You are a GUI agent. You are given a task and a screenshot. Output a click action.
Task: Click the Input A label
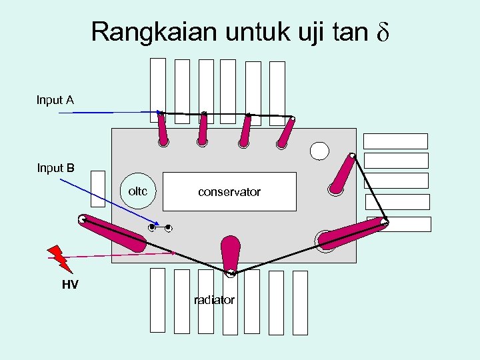click(55, 100)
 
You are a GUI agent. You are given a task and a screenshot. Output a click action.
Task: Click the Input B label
click(55, 168)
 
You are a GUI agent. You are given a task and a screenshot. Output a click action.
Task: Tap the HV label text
click(70, 285)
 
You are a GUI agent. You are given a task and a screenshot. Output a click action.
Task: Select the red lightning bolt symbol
click(60, 257)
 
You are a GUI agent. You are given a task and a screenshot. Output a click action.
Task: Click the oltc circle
click(138, 191)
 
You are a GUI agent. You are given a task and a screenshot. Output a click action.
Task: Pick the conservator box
click(229, 192)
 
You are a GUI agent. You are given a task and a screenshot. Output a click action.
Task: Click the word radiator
click(214, 300)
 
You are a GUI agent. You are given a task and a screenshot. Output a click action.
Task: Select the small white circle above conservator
click(319, 151)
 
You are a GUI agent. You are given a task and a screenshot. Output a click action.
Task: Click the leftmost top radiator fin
click(158, 83)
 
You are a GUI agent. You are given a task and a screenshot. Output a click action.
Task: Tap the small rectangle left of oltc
click(98, 189)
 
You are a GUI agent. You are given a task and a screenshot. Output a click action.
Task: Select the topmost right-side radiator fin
click(395, 141)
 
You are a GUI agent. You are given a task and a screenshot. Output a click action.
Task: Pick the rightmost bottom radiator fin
click(300, 302)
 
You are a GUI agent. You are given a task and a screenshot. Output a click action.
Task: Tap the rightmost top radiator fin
click(277, 84)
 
